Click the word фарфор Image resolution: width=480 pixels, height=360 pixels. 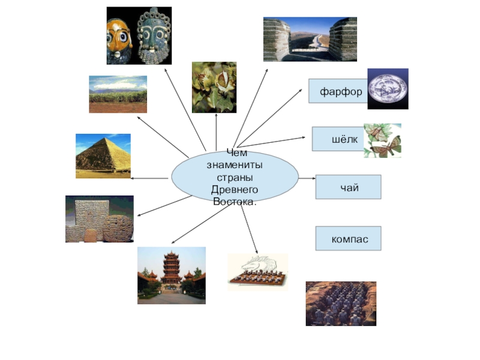point(341,92)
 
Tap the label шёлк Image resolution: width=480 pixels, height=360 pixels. point(344,140)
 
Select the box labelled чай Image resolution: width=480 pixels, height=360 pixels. point(349,188)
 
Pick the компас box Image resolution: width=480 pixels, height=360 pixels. point(349,239)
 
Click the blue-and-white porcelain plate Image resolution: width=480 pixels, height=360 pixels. point(388,89)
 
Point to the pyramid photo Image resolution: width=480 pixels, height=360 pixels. point(103,156)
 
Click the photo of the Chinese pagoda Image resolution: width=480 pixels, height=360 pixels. point(171,275)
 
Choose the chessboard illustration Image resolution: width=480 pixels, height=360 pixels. point(257,272)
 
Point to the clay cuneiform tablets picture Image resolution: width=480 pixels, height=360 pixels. point(99,219)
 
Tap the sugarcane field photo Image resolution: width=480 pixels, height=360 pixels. point(118,94)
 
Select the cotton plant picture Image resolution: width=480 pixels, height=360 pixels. point(214,87)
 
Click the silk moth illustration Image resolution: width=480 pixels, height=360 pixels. point(383,140)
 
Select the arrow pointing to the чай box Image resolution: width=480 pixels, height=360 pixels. point(307,178)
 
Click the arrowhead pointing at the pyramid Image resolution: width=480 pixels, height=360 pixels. point(133,178)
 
